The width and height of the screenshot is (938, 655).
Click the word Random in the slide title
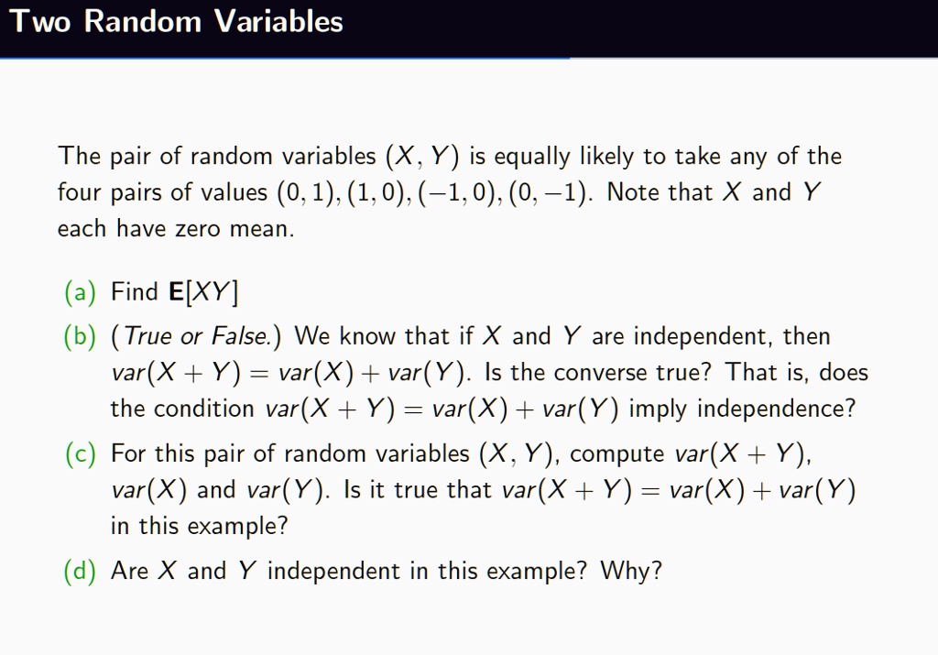tap(142, 22)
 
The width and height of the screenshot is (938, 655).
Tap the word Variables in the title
tap(278, 22)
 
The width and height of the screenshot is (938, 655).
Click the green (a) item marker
tap(81, 292)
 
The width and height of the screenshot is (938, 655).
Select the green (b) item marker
tap(81, 336)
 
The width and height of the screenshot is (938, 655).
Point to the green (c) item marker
tap(81, 454)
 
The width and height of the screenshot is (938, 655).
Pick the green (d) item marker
tap(81, 571)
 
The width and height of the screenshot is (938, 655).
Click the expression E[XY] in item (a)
tap(203, 292)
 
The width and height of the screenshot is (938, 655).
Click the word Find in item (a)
tap(135, 292)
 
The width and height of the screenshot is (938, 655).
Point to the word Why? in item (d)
tap(631, 571)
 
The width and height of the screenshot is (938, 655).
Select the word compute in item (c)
tap(616, 455)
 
